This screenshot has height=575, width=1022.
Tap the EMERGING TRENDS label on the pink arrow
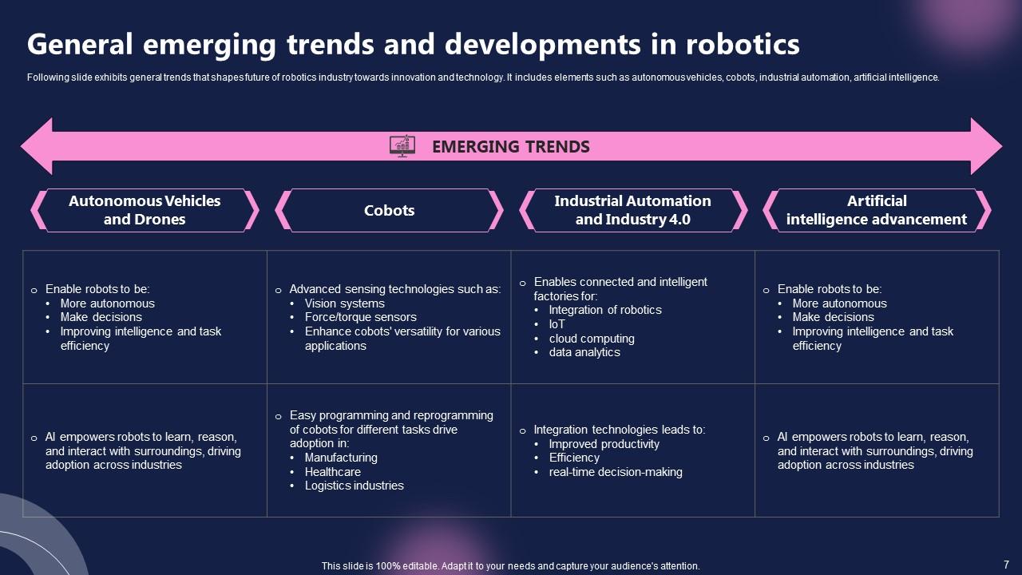[x=510, y=147]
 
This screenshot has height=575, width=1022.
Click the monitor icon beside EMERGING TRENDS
[x=402, y=146]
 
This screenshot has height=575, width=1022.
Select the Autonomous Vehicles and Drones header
[x=145, y=210]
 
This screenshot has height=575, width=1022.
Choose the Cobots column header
[x=389, y=211]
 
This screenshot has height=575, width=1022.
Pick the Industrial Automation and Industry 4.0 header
[x=632, y=210]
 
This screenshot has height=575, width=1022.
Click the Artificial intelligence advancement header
[x=876, y=210]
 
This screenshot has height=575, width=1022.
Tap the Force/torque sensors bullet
[x=360, y=317]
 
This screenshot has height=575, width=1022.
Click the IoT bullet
[x=557, y=324]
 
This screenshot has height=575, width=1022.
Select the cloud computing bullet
[x=591, y=339]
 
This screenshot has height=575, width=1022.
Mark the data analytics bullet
[x=584, y=352]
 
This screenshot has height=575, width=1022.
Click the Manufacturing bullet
[x=341, y=458]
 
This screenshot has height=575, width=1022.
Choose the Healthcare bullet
[x=332, y=472]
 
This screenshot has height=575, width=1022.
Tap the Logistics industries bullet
[x=354, y=486]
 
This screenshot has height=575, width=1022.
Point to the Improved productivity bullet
[x=604, y=444]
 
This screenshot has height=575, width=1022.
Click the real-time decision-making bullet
[x=615, y=472]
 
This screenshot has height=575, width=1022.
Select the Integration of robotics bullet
[x=604, y=310]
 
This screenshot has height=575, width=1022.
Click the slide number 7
[x=1006, y=564]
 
